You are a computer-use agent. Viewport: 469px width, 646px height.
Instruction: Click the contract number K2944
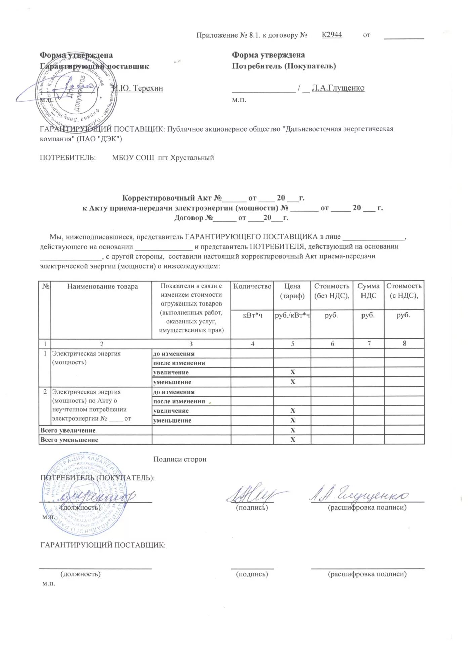[332, 35]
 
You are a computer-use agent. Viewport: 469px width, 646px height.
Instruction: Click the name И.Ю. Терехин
[138, 88]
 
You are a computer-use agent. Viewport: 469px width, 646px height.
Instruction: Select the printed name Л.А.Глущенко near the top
[338, 88]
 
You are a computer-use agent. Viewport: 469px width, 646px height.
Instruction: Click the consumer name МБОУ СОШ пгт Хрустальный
[163, 158]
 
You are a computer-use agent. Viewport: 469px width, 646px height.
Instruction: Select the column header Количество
[252, 286]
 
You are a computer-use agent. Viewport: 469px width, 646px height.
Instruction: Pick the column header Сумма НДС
[368, 291]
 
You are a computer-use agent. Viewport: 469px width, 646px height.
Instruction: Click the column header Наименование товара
[102, 287]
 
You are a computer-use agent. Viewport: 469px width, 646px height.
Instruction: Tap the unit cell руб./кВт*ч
[292, 315]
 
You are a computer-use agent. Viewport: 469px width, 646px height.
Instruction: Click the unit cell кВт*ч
[252, 315]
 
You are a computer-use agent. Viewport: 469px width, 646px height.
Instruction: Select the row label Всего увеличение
[68, 430]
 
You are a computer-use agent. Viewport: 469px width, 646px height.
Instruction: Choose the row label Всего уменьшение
[69, 440]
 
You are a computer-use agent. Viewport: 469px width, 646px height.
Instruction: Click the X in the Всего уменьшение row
[292, 440]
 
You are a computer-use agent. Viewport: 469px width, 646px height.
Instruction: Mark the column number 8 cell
[404, 344]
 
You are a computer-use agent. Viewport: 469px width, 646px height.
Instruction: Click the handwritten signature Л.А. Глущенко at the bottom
[358, 495]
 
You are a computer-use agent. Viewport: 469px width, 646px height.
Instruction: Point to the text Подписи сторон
[179, 459]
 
